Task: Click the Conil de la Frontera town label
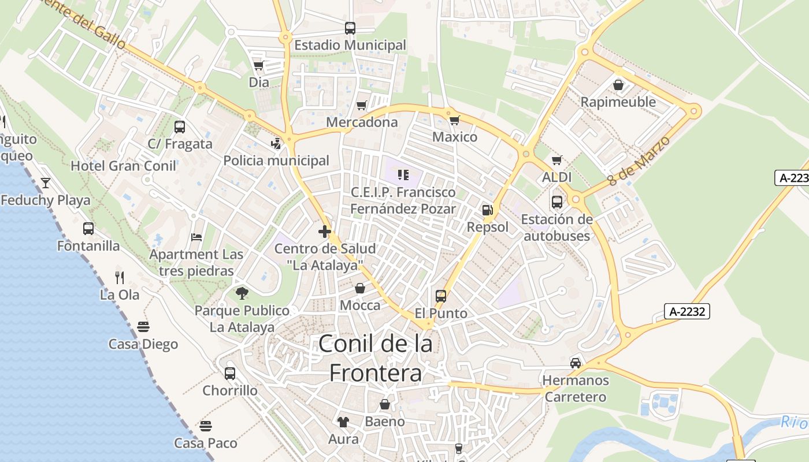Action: click(376, 359)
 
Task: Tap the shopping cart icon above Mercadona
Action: click(362, 105)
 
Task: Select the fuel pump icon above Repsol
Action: click(488, 210)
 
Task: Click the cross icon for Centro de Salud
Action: click(325, 232)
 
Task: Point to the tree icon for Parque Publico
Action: click(242, 293)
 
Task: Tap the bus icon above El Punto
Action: click(441, 296)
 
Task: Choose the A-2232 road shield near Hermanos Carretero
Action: click(686, 311)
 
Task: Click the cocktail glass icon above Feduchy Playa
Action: click(46, 183)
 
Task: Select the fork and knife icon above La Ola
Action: click(120, 277)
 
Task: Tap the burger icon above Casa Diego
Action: click(143, 327)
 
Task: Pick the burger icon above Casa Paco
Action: click(206, 426)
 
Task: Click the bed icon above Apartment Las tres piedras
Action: click(196, 237)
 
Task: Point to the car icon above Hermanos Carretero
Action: click(576, 363)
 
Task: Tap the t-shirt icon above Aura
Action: click(343, 422)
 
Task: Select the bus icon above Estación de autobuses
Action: click(557, 202)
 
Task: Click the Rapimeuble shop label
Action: click(618, 102)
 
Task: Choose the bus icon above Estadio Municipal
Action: click(350, 28)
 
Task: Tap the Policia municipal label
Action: click(276, 161)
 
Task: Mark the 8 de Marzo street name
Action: click(639, 161)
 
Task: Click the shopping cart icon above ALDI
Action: click(557, 160)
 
